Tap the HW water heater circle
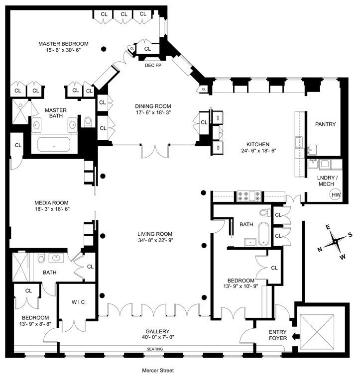[x=336, y=194]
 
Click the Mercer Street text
[x=158, y=370]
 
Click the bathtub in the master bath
[x=54, y=145]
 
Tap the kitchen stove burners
[x=247, y=196]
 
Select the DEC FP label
[x=152, y=65]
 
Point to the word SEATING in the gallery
[x=155, y=349]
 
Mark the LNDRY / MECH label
[x=329, y=181]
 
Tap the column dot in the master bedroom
[x=103, y=49]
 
